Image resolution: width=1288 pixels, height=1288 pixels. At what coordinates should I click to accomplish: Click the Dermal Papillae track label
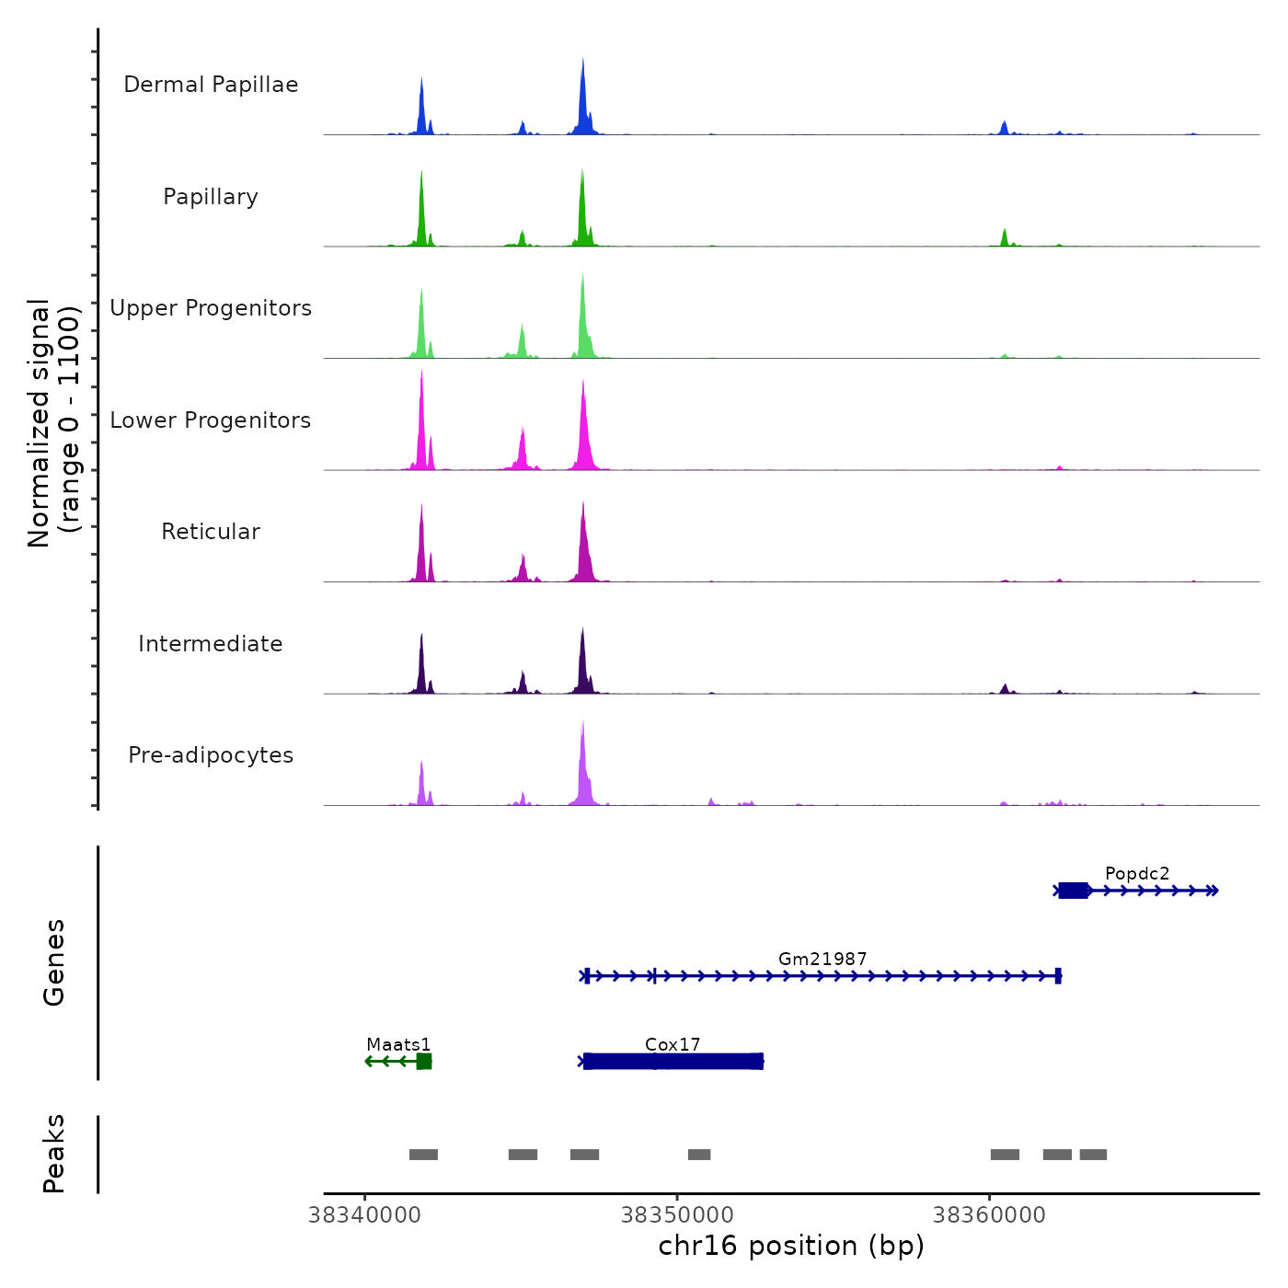click(x=211, y=85)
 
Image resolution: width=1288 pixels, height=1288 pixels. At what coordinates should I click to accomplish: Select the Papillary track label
click(x=211, y=197)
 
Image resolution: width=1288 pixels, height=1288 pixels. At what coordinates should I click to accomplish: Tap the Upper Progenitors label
click(x=211, y=308)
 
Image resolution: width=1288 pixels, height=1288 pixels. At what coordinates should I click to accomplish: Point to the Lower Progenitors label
click(x=211, y=420)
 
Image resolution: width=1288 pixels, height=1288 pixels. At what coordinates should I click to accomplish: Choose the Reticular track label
click(x=211, y=532)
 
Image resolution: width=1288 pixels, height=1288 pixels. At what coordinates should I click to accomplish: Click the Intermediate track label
click(x=211, y=644)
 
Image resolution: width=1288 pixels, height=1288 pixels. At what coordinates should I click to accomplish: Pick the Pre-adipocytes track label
click(x=211, y=755)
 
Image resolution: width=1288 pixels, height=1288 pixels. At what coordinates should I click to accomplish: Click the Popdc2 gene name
click(x=1137, y=873)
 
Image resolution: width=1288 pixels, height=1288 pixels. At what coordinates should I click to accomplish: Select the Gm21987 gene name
click(x=822, y=959)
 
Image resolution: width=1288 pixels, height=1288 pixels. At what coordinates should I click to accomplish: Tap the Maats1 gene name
click(x=398, y=1044)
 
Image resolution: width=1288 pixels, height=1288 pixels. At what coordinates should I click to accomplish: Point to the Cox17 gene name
click(x=673, y=1044)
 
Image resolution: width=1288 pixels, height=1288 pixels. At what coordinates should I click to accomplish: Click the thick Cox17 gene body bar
click(x=673, y=1062)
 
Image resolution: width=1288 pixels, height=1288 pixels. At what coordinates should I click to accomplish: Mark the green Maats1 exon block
click(x=424, y=1062)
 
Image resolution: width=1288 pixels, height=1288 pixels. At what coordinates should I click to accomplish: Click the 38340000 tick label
click(x=365, y=1214)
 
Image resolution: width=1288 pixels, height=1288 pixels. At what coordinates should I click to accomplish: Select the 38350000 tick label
click(x=677, y=1214)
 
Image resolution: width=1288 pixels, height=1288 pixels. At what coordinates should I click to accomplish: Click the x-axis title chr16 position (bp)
click(x=791, y=1246)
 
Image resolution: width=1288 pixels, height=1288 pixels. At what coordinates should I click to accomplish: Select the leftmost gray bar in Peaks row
click(x=423, y=1155)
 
